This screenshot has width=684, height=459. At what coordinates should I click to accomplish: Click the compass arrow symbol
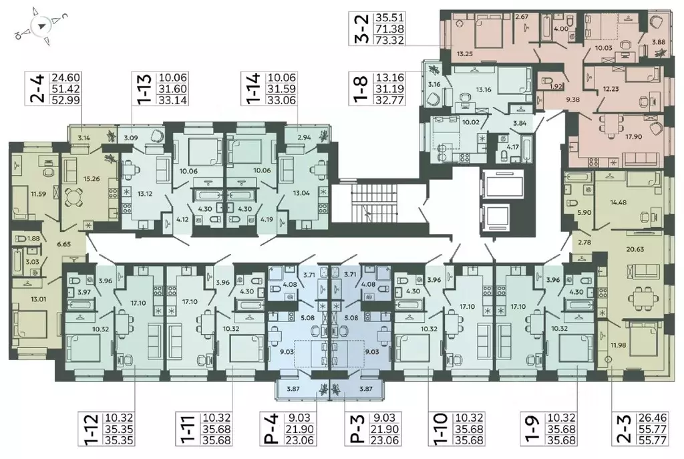(x=41, y=26)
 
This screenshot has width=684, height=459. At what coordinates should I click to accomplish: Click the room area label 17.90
(x=623, y=136)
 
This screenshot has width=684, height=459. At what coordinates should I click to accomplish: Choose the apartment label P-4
(x=271, y=430)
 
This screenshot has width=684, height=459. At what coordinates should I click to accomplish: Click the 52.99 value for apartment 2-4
(x=66, y=100)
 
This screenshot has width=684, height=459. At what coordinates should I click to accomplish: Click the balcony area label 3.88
(x=658, y=42)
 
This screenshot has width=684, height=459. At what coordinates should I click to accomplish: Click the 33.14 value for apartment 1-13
(x=173, y=100)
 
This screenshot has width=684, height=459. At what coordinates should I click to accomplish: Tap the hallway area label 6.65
(x=63, y=244)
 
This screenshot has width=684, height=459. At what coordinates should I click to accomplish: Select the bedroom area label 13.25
(x=465, y=54)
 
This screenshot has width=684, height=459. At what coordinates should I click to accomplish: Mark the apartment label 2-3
(x=625, y=430)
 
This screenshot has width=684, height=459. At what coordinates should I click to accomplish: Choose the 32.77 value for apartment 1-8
(x=390, y=100)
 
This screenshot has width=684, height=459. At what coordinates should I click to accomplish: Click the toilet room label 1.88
(x=33, y=239)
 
